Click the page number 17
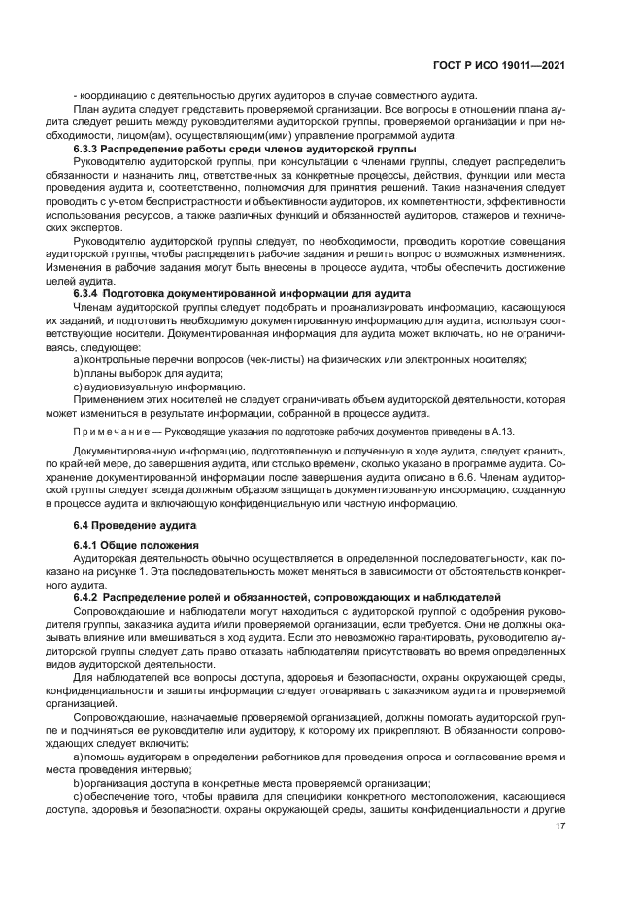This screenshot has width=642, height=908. (560, 826)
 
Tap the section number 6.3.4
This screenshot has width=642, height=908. (88, 292)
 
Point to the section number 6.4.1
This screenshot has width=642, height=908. (88, 546)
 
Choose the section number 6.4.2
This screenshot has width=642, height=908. (88, 595)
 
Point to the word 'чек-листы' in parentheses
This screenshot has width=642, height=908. (297, 360)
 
